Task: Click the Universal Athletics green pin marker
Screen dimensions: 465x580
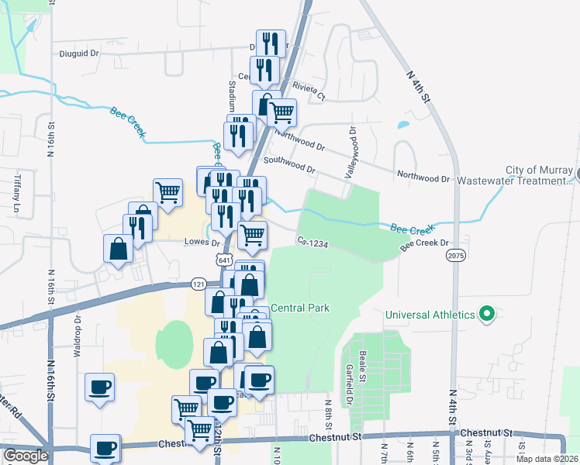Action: (x=487, y=314)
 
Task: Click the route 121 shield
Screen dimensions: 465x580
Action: (x=198, y=284)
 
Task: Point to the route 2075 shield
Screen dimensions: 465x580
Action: (x=455, y=254)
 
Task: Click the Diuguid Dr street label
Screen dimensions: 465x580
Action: (x=80, y=54)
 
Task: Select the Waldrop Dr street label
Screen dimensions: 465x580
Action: (x=78, y=335)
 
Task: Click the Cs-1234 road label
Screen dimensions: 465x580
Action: (x=312, y=243)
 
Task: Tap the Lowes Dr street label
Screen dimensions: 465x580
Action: (x=202, y=242)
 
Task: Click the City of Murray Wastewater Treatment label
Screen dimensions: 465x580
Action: (x=537, y=175)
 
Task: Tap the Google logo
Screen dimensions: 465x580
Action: (x=25, y=455)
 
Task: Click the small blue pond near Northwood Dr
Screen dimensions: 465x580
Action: (x=402, y=124)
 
